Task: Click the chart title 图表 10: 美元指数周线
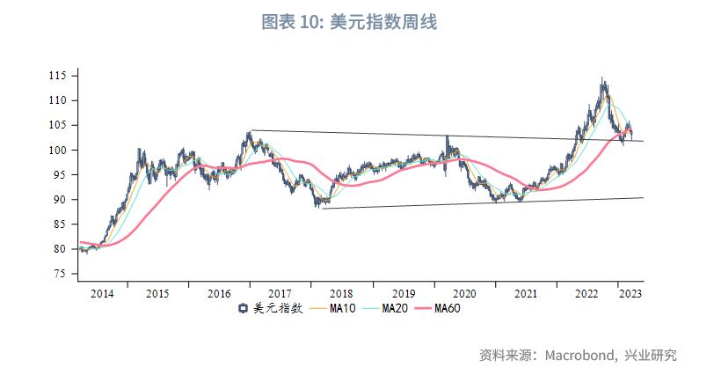point(349,22)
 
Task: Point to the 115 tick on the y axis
point(59,77)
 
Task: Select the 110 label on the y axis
point(59,101)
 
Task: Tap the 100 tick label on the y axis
point(59,151)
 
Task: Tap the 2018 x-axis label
point(341,293)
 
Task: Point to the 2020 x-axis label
point(463,293)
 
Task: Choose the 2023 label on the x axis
point(630,293)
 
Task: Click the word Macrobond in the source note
point(577,356)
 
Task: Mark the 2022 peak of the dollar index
point(602,79)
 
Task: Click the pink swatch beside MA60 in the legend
point(423,308)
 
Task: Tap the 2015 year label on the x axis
point(157,293)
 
